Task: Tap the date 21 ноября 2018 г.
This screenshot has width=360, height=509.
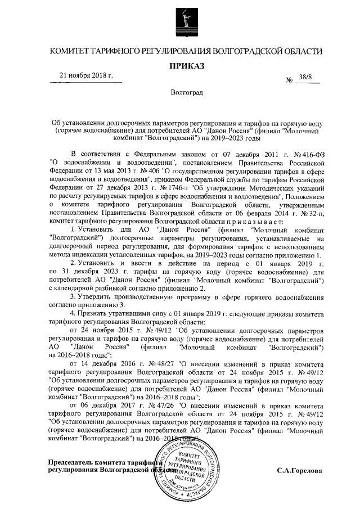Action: [87, 76]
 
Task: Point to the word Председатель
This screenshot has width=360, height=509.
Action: [71, 462]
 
